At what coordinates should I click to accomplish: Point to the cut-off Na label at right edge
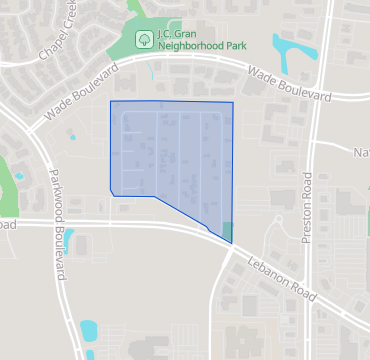(x=361, y=153)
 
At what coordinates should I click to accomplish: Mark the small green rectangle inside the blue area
(x=228, y=232)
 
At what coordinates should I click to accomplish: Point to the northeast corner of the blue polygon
(x=233, y=102)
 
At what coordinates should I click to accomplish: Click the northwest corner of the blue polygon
(x=110, y=101)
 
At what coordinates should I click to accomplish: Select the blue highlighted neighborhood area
(x=170, y=155)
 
